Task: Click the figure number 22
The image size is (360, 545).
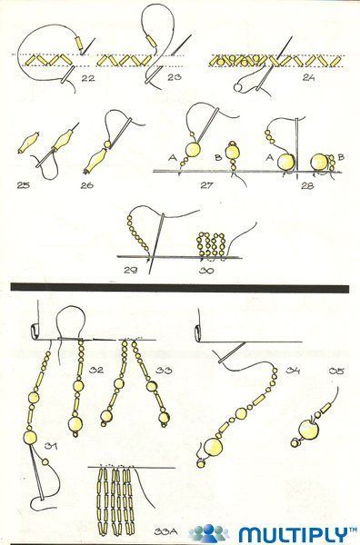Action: tap(88, 78)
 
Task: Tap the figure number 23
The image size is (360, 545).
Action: tap(174, 77)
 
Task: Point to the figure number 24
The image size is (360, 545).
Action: tap(308, 77)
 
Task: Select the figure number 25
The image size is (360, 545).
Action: tap(24, 185)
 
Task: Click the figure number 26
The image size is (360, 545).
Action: tap(87, 185)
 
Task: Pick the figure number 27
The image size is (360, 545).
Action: tap(207, 185)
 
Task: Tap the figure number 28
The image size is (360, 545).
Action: tap(308, 185)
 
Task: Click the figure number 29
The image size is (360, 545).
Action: tap(130, 270)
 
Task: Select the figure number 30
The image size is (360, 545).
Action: tap(206, 270)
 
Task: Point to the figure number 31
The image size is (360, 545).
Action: tap(51, 446)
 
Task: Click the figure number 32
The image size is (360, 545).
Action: tap(96, 370)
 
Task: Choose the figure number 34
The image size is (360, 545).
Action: tap(293, 371)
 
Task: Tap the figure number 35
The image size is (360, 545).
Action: tap(336, 372)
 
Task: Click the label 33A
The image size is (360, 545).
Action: tap(166, 531)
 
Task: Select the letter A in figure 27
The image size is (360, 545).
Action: tap(173, 158)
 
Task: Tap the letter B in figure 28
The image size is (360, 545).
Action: tap(341, 157)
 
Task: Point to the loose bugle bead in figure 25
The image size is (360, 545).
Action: tap(28, 143)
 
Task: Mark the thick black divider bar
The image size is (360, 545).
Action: tap(180, 288)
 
